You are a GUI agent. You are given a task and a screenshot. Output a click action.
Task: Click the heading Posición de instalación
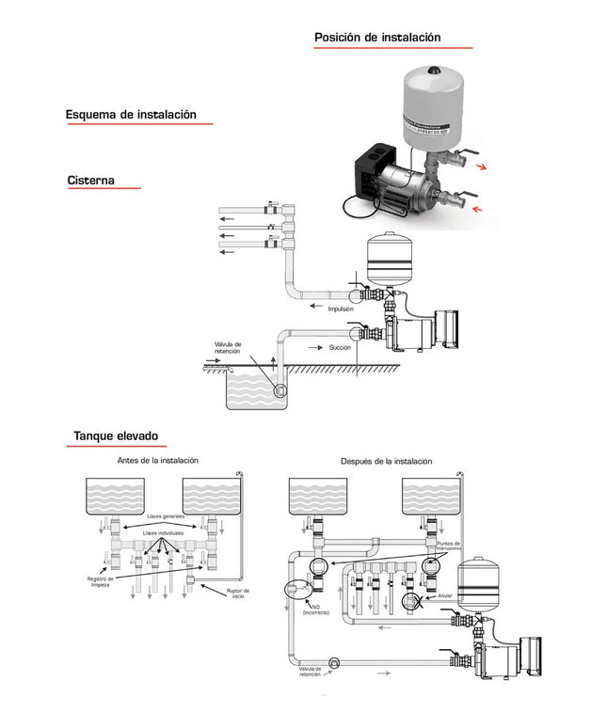pyautogui.click(x=377, y=38)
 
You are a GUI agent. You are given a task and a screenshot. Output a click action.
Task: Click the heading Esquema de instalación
pyautogui.click(x=131, y=115)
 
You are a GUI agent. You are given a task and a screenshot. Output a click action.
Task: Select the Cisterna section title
pyautogui.click(x=91, y=181)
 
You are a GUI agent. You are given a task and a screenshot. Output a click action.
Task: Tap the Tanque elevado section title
pyautogui.click(x=116, y=436)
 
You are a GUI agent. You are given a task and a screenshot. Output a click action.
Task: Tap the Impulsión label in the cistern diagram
pyautogui.click(x=340, y=309)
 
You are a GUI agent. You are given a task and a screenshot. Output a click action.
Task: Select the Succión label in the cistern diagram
pyautogui.click(x=340, y=348)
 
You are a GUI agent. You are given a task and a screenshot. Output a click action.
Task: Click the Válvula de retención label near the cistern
pyautogui.click(x=228, y=348)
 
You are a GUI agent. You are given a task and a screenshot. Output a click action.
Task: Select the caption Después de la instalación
pyautogui.click(x=386, y=462)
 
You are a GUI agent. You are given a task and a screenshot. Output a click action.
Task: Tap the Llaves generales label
pyautogui.click(x=166, y=516)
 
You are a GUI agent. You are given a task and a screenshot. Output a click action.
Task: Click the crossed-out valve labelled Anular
pyautogui.click(x=411, y=602)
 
